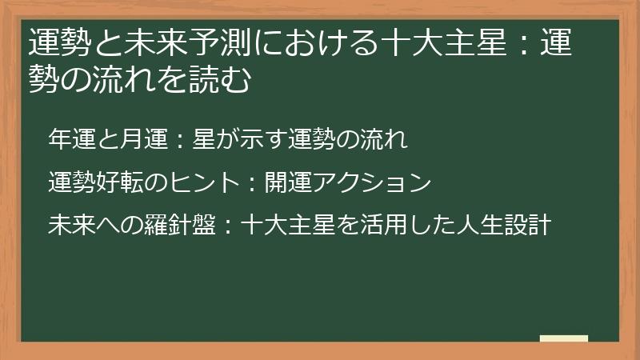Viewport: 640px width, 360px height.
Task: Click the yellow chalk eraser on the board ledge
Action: [x=564, y=338]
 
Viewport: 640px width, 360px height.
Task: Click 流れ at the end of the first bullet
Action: [x=387, y=140]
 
